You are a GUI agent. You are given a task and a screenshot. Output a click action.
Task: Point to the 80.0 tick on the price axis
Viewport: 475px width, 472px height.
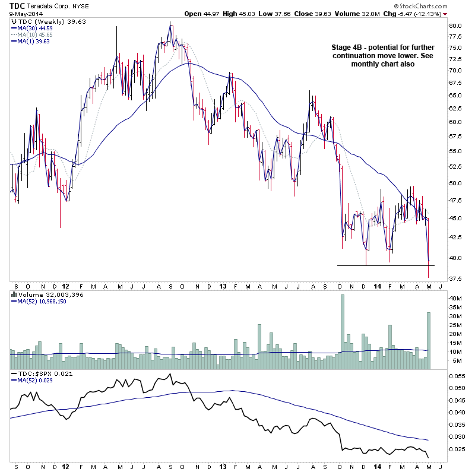(x=455, y=26)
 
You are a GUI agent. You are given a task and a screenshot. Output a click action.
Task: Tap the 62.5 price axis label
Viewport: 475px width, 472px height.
(x=455, y=108)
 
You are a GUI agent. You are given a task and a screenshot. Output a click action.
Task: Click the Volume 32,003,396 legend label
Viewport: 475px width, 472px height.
(x=45, y=294)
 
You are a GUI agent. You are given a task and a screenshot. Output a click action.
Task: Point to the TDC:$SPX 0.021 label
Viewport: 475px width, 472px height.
(x=37, y=373)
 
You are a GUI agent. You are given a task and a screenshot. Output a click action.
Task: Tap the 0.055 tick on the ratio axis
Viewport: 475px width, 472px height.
(x=456, y=376)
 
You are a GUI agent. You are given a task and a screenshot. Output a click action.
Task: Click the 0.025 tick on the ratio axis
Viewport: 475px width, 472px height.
(x=456, y=449)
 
